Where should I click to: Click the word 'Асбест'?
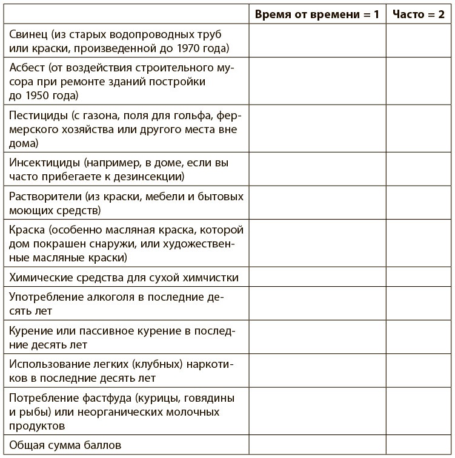27,68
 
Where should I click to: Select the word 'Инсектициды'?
45,163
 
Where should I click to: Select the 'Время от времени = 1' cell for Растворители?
317,204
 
